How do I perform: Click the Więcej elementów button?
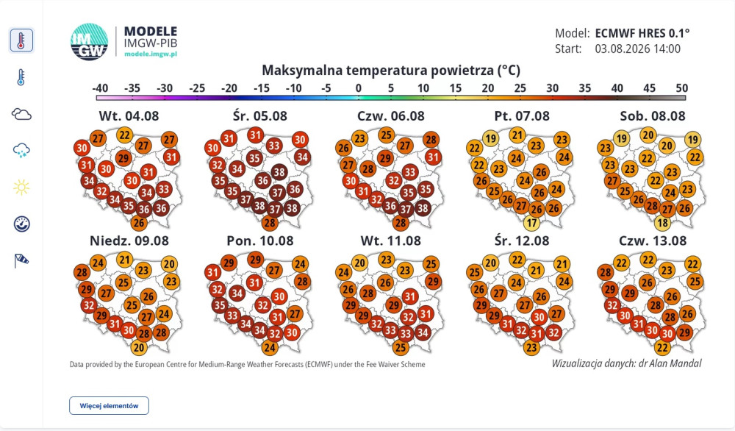pos(110,406)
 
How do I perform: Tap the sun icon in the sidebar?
pos(21,188)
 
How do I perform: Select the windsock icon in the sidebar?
pos(21,261)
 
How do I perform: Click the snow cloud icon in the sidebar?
pos(21,151)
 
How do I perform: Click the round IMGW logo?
pos(90,42)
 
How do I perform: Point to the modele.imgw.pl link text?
pos(151,54)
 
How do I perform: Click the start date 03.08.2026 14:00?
pos(637,49)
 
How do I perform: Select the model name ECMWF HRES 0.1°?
pos(642,33)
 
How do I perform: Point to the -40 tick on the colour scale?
pos(100,88)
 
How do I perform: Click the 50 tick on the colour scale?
pos(682,88)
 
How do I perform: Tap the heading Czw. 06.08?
pos(391,115)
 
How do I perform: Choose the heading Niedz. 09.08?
pos(129,241)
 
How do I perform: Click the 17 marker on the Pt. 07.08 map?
pos(531,223)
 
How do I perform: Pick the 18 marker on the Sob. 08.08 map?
pos(662,223)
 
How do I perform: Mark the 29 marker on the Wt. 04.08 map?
pos(123,158)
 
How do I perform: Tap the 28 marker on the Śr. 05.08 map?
pos(270,223)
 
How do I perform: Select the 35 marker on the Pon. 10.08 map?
pos(219,306)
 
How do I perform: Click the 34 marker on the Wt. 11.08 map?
pos(423,332)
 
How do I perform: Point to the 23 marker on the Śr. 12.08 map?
pos(531,347)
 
